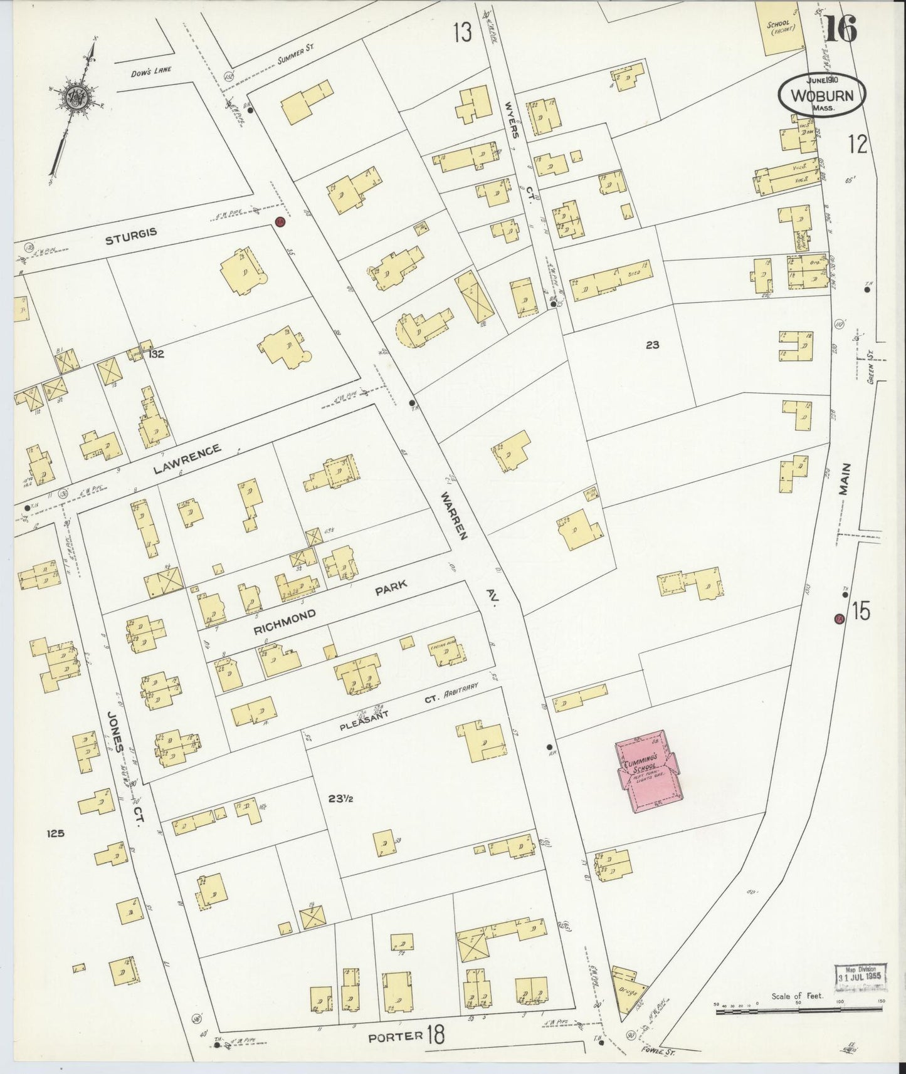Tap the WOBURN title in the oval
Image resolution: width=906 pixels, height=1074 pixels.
click(x=822, y=97)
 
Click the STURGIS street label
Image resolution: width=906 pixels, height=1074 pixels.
click(x=130, y=232)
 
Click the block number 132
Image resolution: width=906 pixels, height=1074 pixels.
click(x=157, y=354)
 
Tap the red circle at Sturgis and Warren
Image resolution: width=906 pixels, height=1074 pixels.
click(x=280, y=222)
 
